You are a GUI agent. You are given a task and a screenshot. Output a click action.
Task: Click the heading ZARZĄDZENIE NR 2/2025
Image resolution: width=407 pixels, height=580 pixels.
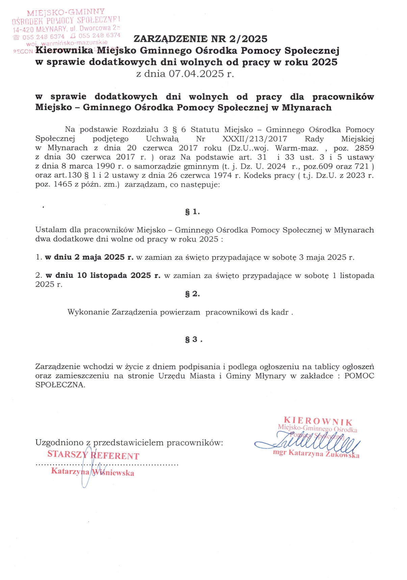200,39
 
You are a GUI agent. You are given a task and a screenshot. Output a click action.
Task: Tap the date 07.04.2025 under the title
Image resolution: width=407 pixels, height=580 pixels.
196,74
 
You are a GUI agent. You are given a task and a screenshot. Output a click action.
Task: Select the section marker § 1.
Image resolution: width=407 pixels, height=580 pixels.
193,212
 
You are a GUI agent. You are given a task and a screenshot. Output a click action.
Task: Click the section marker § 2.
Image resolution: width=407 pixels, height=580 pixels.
193,294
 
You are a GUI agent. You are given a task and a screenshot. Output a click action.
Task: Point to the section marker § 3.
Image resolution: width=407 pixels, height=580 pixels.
194,340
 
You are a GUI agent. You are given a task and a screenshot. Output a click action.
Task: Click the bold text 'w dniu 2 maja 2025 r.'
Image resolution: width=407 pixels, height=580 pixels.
89,257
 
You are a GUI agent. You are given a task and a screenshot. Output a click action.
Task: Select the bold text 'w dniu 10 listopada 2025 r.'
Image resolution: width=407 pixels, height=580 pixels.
103,275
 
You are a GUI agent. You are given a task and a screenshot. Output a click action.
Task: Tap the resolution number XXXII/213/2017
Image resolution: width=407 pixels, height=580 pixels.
255,139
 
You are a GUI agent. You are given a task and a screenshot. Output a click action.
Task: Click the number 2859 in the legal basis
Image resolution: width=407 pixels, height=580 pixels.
364,148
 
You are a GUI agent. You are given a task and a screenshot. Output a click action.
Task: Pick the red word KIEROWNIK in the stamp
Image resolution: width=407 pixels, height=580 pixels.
318,421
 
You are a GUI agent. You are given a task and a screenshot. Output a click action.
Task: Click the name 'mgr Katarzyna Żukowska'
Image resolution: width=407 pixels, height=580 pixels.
316,454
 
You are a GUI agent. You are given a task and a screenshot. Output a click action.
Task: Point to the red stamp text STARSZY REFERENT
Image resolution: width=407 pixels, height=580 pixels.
93,455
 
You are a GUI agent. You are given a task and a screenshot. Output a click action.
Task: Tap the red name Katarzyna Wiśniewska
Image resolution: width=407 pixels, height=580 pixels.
93,472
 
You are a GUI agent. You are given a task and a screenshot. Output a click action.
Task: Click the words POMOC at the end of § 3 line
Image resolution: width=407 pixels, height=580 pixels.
359,376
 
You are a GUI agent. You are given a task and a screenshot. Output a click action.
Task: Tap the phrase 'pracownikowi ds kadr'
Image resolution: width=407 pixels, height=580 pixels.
247,312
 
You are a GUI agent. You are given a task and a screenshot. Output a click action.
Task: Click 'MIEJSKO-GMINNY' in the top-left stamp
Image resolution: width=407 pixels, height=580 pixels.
66,13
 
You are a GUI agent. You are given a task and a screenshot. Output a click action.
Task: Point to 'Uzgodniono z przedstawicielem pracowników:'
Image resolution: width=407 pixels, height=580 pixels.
129,443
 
